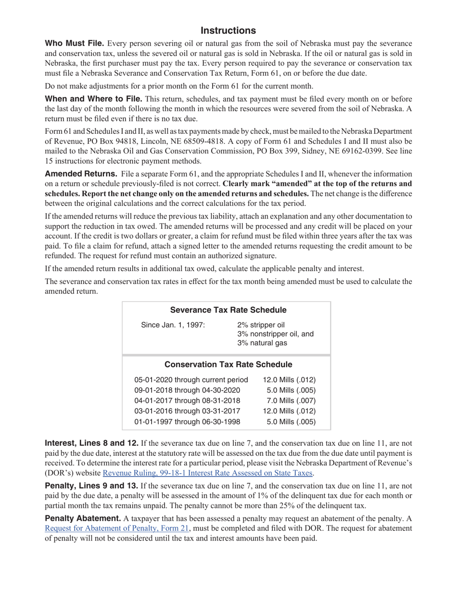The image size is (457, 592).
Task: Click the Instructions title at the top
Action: [228, 31]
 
